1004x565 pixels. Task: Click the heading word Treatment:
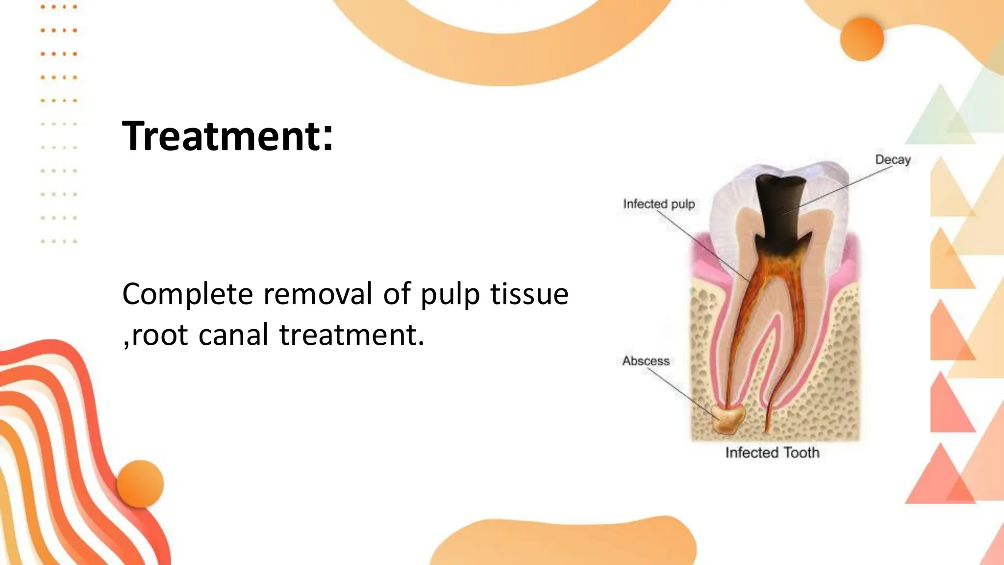[227, 136]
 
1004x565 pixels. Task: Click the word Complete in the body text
[187, 294]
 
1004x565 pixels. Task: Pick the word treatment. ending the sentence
[351, 335]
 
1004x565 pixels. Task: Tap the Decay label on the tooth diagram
[893, 160]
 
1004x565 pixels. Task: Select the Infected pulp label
[659, 204]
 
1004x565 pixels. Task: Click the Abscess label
[646, 361]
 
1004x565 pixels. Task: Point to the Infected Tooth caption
[772, 453]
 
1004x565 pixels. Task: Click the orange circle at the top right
[862, 39]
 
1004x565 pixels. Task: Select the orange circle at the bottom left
[140, 484]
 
